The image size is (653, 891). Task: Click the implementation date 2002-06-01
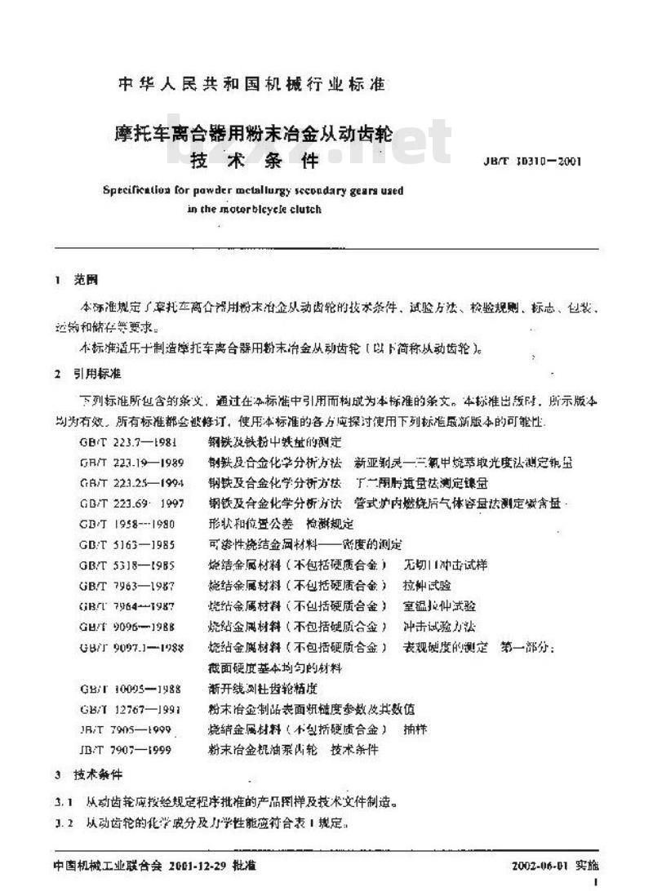pyautogui.click(x=540, y=864)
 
